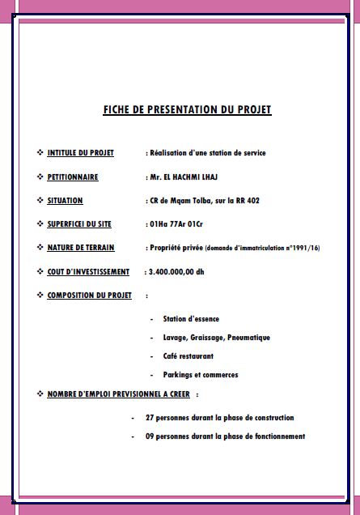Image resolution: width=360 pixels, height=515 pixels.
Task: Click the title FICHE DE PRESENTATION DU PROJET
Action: pyautogui.click(x=187, y=109)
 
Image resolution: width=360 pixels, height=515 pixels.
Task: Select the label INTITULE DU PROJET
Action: pyautogui.click(x=80, y=152)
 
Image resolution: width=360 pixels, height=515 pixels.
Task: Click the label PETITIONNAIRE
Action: pyautogui.click(x=73, y=177)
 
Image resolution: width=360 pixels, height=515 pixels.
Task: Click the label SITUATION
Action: pyautogui.click(x=65, y=200)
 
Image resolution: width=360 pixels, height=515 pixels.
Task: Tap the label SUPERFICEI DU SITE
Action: pyautogui.click(x=79, y=223)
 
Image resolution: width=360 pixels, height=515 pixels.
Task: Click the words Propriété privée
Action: pyautogui.click(x=175, y=247)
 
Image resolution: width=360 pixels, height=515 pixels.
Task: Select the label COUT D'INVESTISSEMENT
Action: pyautogui.click(x=88, y=271)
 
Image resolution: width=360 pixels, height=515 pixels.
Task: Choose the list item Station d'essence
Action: pyautogui.click(x=191, y=319)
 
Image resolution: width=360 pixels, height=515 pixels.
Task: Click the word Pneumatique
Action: pyautogui.click(x=248, y=337)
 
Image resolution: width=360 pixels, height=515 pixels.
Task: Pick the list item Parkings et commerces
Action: pyautogui.click(x=200, y=374)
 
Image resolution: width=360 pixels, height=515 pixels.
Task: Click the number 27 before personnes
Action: pyautogui.click(x=150, y=418)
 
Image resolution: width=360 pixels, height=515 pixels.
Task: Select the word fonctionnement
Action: pyautogui.click(x=276, y=436)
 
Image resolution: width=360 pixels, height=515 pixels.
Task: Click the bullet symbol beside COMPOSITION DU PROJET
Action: pyautogui.click(x=40, y=295)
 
